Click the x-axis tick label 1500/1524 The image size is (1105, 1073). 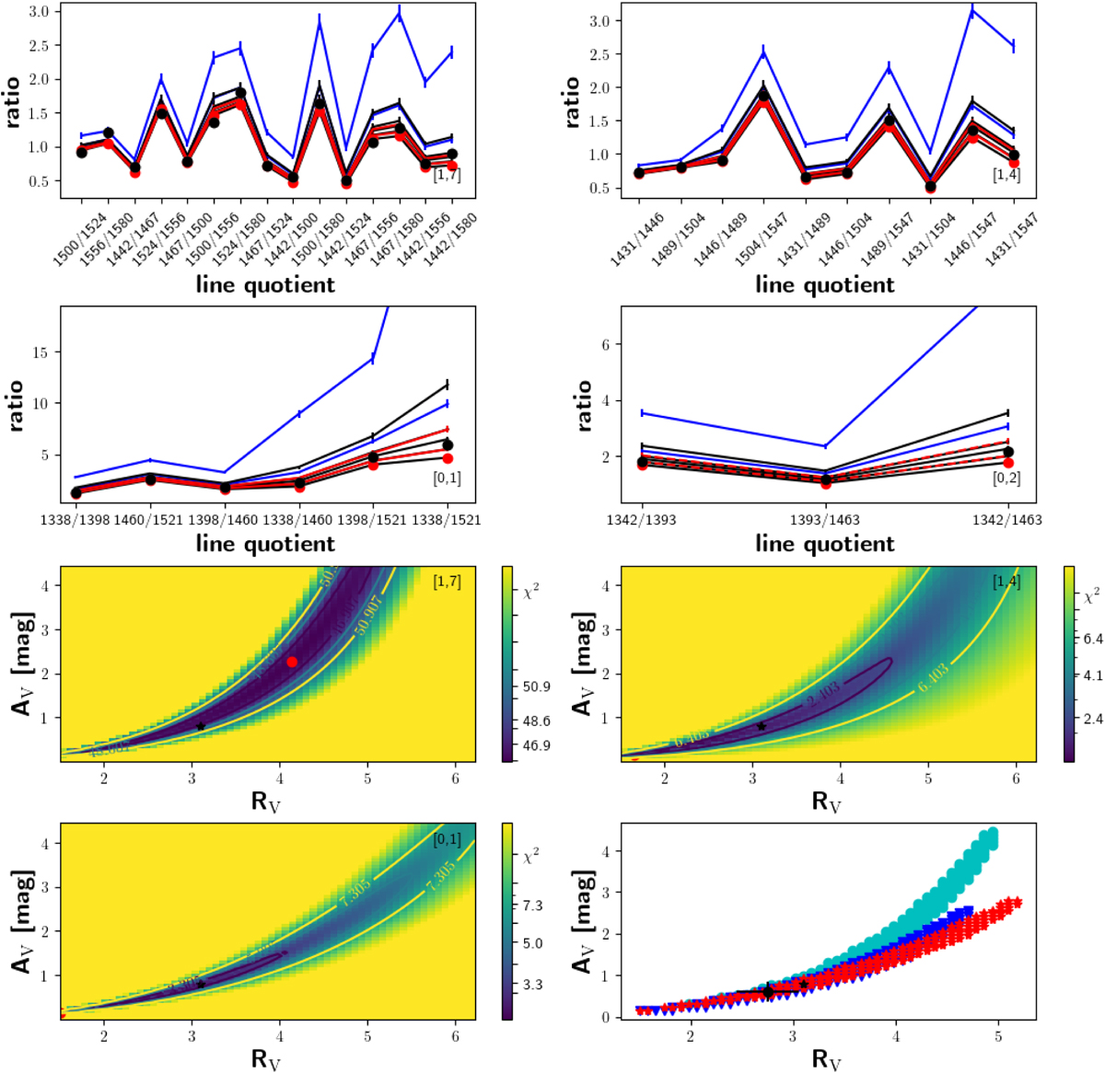[66, 238]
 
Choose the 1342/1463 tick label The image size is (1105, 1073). [1006, 520]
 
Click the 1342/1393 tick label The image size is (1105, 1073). [642, 520]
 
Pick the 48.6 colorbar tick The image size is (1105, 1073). [536, 721]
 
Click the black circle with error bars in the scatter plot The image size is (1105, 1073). [768, 992]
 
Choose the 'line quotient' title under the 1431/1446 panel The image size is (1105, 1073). [824, 284]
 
